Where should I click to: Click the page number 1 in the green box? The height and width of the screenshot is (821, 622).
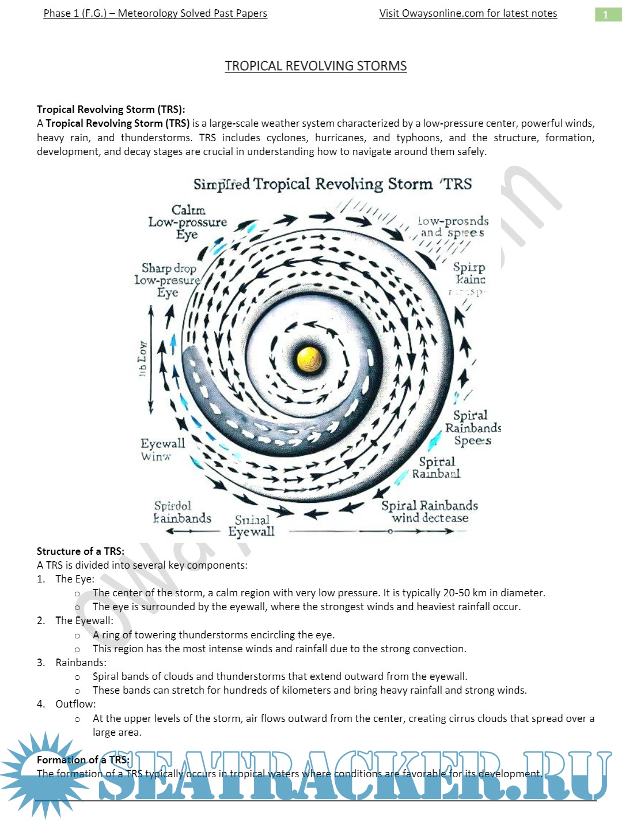tap(605, 14)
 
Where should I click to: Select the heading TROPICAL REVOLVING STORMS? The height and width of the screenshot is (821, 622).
tap(316, 66)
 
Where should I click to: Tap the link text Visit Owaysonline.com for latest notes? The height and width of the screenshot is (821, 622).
tap(468, 13)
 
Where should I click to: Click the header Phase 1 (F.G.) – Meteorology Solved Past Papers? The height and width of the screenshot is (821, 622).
tap(155, 13)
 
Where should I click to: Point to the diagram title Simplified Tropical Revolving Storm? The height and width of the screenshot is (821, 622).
tap(332, 184)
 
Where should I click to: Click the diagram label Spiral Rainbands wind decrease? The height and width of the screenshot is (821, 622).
tap(430, 512)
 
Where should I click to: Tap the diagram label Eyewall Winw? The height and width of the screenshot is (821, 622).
tap(162, 449)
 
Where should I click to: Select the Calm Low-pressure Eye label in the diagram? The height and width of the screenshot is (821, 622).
tap(188, 222)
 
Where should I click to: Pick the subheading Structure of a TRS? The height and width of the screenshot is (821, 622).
tap(81, 551)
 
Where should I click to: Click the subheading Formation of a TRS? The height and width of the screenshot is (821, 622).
tap(83, 759)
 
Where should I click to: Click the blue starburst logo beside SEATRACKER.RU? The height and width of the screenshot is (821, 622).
tap(45, 775)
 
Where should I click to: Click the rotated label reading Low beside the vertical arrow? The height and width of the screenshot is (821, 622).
tap(142, 358)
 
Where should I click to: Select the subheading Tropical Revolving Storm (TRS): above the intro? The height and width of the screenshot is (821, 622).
tap(111, 109)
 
